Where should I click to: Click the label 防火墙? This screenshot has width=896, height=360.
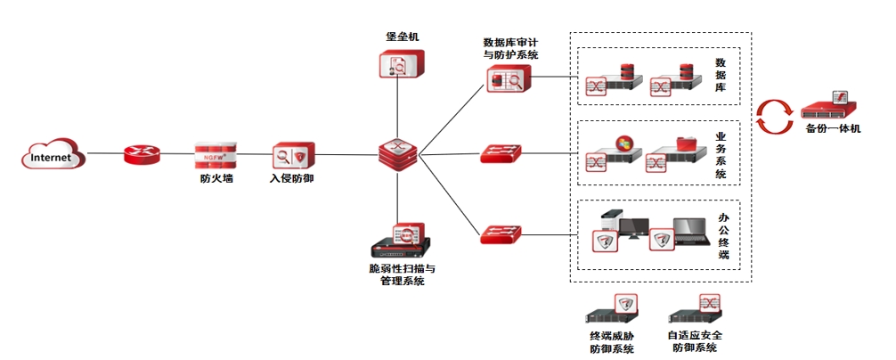[x=216, y=178]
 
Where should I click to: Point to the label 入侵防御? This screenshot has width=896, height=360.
[x=292, y=178]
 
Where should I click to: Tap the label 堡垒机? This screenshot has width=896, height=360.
[x=402, y=37]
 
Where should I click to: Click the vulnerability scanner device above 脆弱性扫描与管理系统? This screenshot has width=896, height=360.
[x=401, y=241]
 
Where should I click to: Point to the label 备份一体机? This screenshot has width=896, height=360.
[x=833, y=130]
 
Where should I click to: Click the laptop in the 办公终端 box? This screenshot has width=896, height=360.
[x=689, y=233]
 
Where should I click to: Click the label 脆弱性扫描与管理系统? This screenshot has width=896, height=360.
[x=402, y=274]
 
